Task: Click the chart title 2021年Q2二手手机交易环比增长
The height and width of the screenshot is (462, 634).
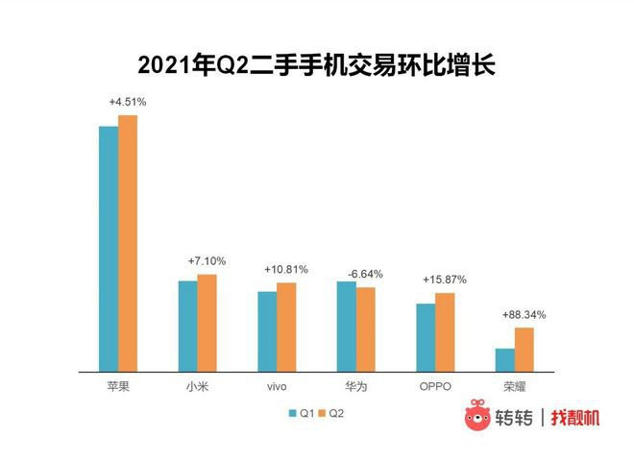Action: (317, 64)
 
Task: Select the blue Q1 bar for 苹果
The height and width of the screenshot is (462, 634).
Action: (109, 248)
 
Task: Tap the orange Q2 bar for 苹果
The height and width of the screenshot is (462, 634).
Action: (128, 243)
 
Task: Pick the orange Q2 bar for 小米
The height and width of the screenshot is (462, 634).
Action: (207, 323)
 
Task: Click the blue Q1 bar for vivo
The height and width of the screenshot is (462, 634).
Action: (266, 331)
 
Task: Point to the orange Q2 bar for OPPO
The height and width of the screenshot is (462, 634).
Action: (445, 332)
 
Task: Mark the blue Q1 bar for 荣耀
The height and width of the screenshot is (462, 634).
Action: (504, 360)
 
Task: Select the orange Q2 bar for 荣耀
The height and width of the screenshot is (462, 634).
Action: (524, 350)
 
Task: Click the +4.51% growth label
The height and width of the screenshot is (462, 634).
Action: (128, 102)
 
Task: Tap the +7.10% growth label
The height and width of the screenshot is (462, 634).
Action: (207, 261)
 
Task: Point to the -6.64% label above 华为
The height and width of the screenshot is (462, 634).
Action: (364, 274)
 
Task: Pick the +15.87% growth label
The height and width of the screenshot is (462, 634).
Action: (444, 280)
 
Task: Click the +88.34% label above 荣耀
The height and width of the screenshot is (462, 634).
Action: (524, 314)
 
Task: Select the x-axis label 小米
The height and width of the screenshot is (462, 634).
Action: (197, 386)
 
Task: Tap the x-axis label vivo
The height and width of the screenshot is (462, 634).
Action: (276, 386)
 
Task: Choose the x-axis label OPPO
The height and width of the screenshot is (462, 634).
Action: (434, 386)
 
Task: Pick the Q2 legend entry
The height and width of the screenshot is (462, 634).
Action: (331, 413)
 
